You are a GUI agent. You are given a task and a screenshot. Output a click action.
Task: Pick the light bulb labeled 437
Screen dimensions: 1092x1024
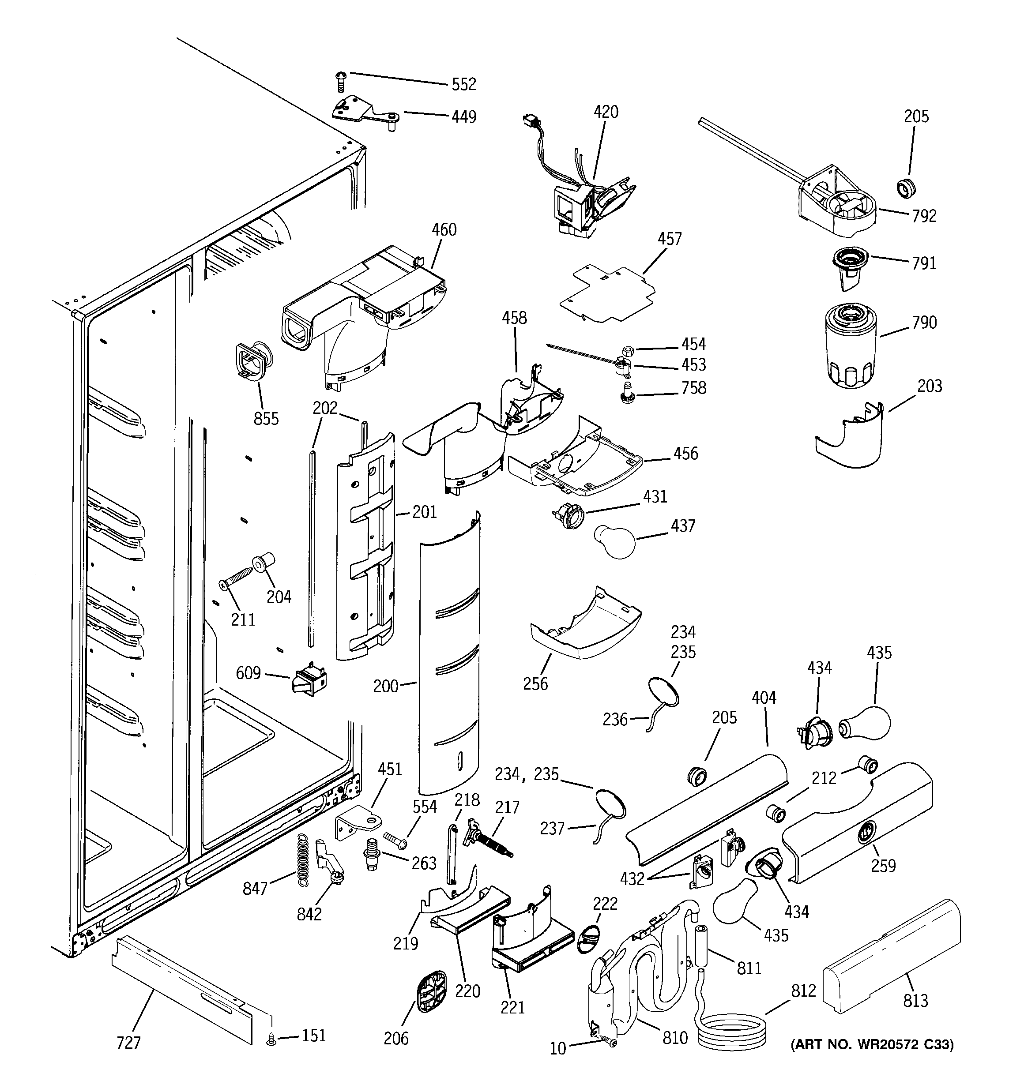point(614,541)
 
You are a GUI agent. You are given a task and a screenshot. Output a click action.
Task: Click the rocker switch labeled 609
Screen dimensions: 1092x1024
point(310,680)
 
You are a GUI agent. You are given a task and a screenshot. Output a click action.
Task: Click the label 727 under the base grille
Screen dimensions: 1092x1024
point(128,1043)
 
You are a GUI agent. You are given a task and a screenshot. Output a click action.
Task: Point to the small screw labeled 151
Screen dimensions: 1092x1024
point(271,1039)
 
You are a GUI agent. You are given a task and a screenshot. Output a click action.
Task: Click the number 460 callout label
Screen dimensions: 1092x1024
point(444,229)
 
